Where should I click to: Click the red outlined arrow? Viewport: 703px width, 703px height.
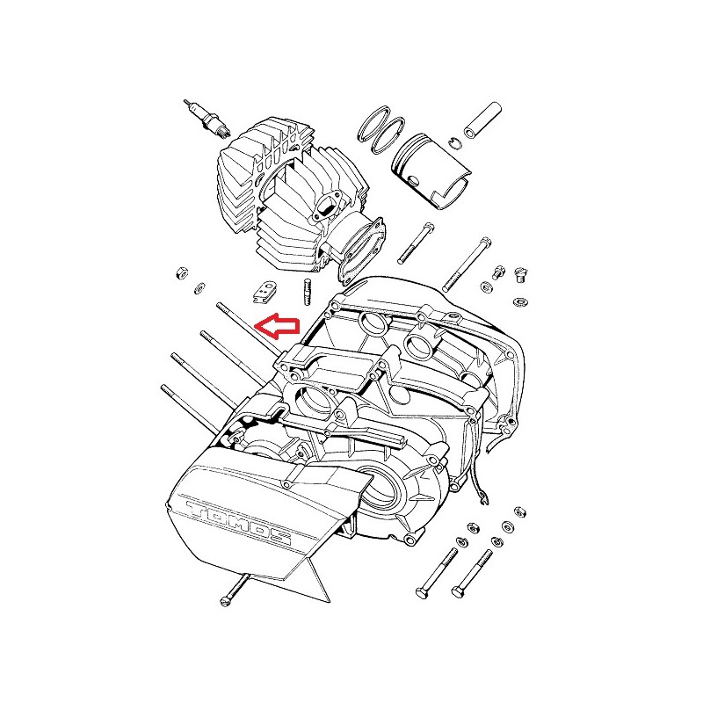click(x=277, y=326)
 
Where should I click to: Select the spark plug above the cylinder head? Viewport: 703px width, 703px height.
click(x=207, y=118)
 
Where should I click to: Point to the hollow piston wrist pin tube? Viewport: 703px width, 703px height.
click(x=482, y=120)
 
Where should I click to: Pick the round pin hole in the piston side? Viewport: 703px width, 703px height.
click(x=413, y=180)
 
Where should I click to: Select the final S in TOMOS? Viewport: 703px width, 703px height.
click(x=278, y=538)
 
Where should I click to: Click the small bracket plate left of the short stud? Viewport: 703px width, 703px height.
click(x=264, y=292)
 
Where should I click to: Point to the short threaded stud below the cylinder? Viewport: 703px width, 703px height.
click(x=307, y=292)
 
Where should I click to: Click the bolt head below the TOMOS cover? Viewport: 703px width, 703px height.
click(x=226, y=600)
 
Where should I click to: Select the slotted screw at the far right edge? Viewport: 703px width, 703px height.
click(x=520, y=274)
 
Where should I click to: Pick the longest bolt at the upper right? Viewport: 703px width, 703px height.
click(x=467, y=265)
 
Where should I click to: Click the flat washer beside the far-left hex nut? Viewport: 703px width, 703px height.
click(x=199, y=288)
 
